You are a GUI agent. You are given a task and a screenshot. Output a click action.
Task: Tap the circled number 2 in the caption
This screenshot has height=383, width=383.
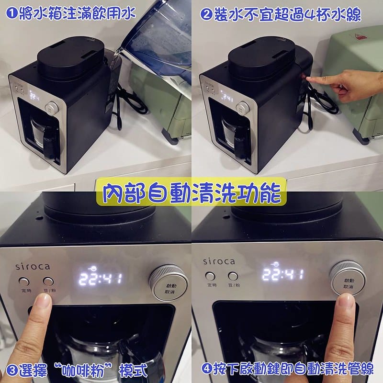click(x=207, y=14)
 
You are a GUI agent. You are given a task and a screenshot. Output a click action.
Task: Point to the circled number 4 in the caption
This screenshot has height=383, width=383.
click(x=207, y=370)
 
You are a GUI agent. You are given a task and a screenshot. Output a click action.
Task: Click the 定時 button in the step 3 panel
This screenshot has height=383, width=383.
click(x=24, y=282)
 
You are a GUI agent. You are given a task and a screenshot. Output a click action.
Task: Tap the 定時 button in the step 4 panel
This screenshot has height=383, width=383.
click(x=210, y=276)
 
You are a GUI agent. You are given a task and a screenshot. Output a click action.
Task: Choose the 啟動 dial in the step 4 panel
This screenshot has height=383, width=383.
click(x=347, y=278)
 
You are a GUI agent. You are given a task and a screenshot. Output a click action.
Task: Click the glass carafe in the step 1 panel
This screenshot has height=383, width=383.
click(x=45, y=132)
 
